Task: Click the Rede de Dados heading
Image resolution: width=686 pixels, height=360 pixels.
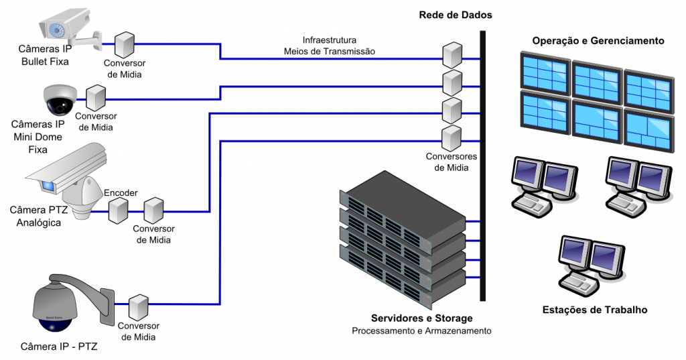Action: click(x=456, y=14)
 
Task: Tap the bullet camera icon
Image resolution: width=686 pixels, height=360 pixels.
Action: click(x=67, y=29)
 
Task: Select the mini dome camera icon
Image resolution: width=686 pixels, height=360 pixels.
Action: click(x=60, y=101)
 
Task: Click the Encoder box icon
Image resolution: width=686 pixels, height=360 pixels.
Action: click(x=119, y=211)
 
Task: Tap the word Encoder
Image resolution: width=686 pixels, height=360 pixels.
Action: click(x=121, y=193)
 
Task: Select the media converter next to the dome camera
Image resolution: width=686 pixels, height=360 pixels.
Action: click(x=96, y=97)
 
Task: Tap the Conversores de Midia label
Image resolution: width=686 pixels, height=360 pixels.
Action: click(x=452, y=162)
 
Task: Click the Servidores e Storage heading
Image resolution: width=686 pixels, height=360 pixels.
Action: click(x=422, y=318)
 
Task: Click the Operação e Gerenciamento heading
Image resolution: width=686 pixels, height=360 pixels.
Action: click(x=598, y=41)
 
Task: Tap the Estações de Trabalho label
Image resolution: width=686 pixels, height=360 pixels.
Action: click(x=595, y=310)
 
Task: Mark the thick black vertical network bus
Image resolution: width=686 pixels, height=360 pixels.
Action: click(x=482, y=168)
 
